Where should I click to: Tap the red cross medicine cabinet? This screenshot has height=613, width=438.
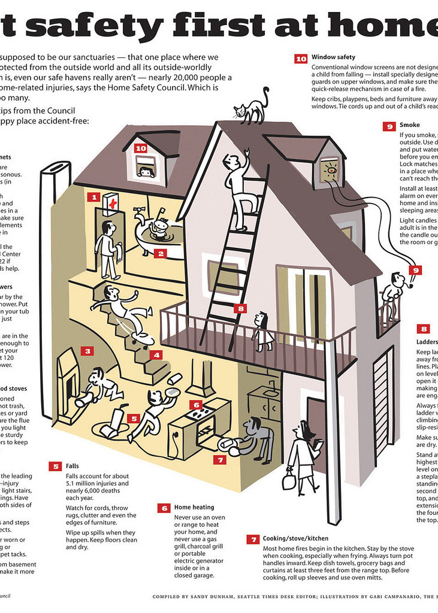(x=111, y=204)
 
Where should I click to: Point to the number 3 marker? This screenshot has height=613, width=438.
(x=87, y=351)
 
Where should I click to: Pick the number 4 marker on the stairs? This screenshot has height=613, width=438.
(x=156, y=355)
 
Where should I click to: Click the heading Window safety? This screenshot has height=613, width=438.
(x=333, y=57)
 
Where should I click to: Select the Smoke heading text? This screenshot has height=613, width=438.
(x=410, y=126)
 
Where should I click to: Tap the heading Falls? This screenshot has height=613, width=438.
(x=73, y=466)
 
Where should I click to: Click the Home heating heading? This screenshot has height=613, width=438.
(x=194, y=508)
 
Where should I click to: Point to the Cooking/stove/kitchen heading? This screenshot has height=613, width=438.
(x=295, y=539)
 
